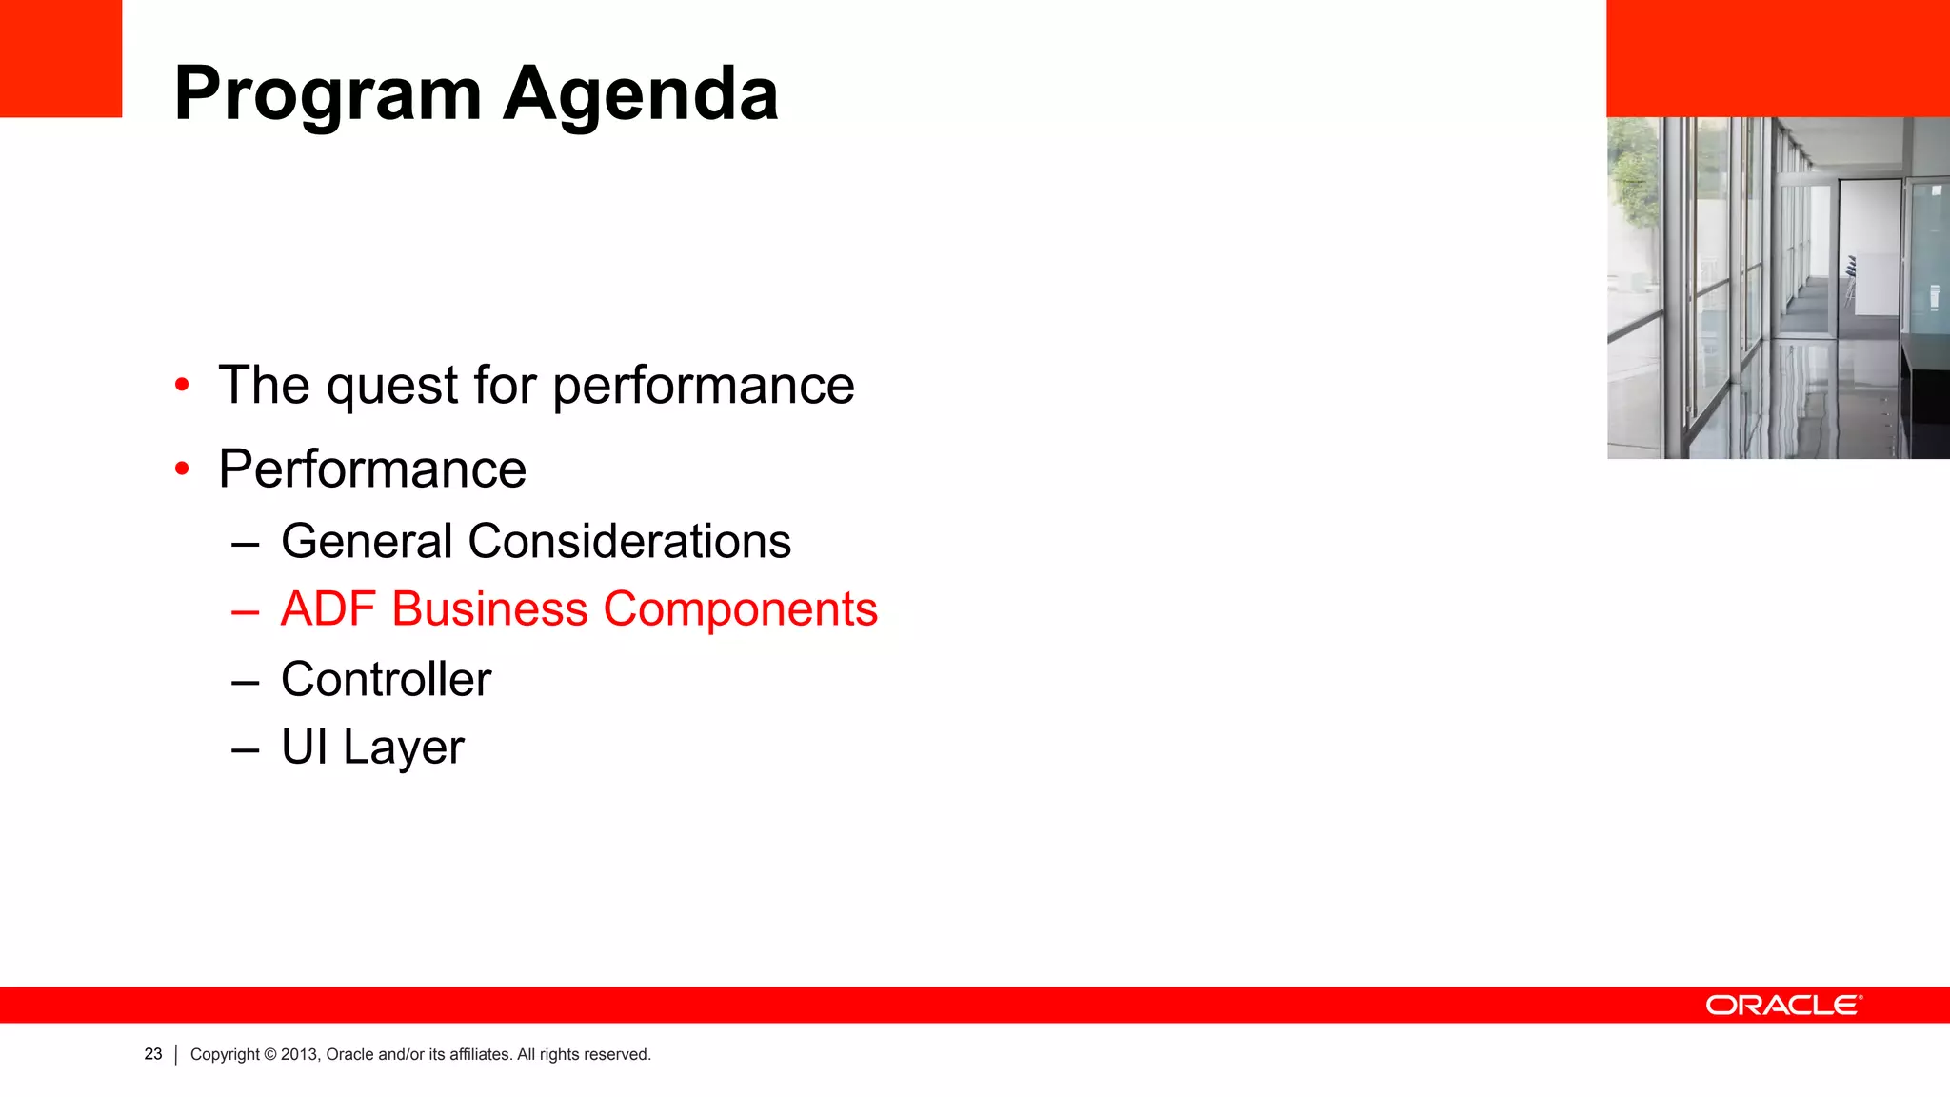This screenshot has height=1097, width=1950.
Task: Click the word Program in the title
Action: (x=328, y=96)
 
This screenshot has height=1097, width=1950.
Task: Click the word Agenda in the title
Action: (x=641, y=94)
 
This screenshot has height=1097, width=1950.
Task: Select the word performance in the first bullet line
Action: (x=703, y=387)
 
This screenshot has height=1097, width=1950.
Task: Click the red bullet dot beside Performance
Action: (x=182, y=469)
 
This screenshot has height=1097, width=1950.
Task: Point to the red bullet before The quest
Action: (x=182, y=385)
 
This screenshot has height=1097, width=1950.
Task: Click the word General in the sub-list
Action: (x=367, y=541)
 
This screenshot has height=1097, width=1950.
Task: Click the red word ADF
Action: (x=328, y=609)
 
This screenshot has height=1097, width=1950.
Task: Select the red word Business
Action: (x=489, y=609)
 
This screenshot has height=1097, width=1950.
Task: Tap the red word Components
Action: (x=740, y=609)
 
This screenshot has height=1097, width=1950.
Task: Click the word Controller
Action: (x=386, y=679)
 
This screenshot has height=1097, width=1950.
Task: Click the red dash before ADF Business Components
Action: (x=245, y=611)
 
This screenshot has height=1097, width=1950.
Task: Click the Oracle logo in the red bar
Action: (x=1783, y=1006)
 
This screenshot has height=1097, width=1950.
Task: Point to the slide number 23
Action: (x=153, y=1054)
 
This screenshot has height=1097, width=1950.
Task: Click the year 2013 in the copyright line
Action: (x=298, y=1054)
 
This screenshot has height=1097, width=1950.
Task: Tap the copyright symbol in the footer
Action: (x=270, y=1054)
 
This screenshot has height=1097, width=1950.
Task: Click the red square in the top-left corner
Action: (x=61, y=58)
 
